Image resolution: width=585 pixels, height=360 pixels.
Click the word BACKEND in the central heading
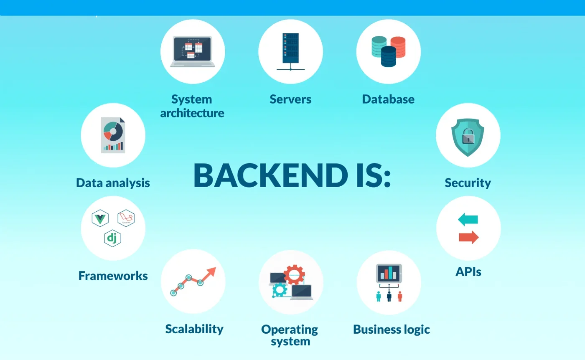pos(271,175)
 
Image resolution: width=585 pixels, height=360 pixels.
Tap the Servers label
pos(290,99)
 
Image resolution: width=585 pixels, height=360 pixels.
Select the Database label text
pos(388,99)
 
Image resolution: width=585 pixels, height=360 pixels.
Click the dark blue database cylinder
pos(388,56)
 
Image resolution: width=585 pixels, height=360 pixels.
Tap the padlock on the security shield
pos(468,136)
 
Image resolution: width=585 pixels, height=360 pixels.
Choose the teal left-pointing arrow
pos(468,219)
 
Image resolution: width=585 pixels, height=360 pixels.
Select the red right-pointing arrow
pos(469,237)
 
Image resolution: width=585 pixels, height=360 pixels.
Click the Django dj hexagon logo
pos(112,238)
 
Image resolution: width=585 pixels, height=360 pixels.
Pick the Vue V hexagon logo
pos(100,218)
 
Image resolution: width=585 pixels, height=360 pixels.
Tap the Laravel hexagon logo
pos(126,218)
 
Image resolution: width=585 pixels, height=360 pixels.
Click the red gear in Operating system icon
pos(294,274)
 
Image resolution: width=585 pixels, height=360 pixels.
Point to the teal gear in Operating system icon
pos(280,289)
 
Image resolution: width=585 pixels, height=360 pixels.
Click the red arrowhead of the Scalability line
pos(211,272)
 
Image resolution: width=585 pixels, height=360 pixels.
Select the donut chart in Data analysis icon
pos(113,131)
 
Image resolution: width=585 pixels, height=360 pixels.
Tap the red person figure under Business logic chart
pos(400,297)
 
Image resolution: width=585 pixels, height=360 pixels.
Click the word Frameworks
pos(113,276)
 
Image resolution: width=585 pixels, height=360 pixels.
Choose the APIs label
pos(468,271)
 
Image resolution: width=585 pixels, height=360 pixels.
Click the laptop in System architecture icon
pos(193,52)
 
